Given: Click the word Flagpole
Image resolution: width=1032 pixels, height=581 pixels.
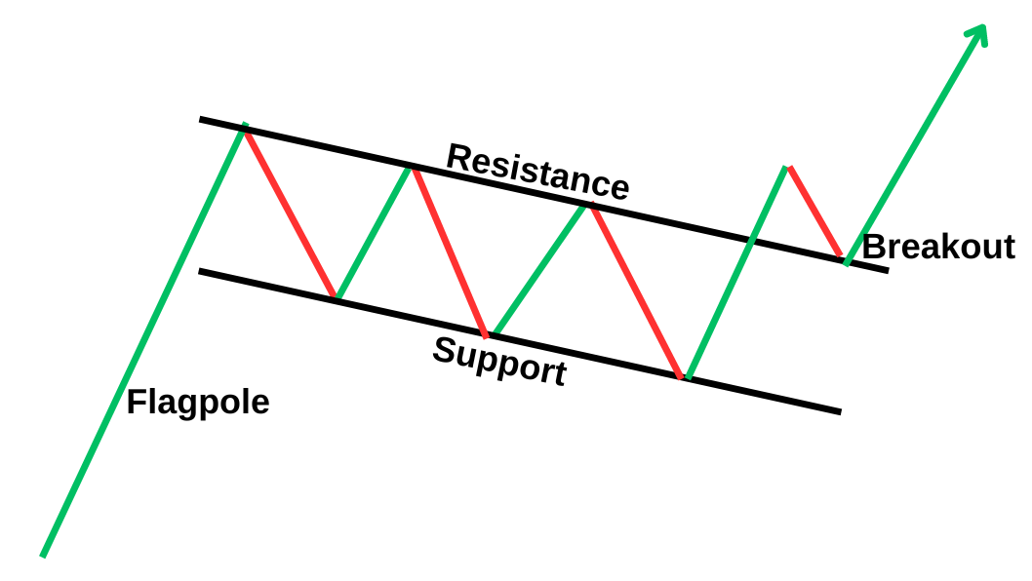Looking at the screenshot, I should click(x=197, y=402).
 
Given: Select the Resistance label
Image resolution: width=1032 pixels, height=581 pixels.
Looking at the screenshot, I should click(x=537, y=172).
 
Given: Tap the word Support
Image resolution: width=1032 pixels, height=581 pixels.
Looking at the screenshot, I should click(x=499, y=361).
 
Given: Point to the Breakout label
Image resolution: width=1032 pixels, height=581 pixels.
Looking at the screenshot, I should click(x=938, y=247).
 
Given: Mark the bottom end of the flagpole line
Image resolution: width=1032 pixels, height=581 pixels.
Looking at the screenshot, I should click(x=43, y=556).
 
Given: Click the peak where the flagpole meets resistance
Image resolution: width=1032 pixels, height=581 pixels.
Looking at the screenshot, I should click(x=244, y=127).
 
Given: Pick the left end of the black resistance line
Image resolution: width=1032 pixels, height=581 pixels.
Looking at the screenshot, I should click(x=201, y=119).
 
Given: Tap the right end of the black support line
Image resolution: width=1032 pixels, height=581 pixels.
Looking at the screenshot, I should click(x=839, y=411).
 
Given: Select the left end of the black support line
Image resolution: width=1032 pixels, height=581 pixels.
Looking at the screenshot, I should click(x=201, y=271).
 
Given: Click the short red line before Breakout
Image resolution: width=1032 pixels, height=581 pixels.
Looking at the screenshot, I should click(x=814, y=211).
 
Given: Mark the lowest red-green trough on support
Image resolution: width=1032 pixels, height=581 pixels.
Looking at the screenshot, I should click(x=684, y=377).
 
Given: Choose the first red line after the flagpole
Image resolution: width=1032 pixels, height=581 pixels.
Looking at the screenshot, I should click(x=290, y=212).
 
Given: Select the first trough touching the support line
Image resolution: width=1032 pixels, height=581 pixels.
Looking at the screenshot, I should click(x=336, y=297).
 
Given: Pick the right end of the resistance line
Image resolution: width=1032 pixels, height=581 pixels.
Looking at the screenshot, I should click(x=887, y=269).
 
